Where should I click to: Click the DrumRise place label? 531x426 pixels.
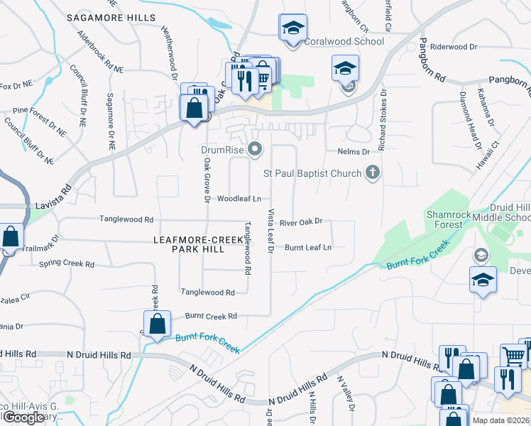click(223, 149)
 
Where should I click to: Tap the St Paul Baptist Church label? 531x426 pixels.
click(312, 173)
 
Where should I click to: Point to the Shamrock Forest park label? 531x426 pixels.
click(444, 219)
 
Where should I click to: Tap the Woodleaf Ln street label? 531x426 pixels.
click(239, 199)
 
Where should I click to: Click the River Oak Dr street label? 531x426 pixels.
click(301, 222)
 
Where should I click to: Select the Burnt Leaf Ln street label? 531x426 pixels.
click(308, 247)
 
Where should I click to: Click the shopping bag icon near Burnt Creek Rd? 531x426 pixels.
click(158, 324)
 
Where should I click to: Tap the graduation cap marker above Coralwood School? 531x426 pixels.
click(292, 28)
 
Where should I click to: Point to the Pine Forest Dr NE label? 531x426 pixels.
click(38, 111)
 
